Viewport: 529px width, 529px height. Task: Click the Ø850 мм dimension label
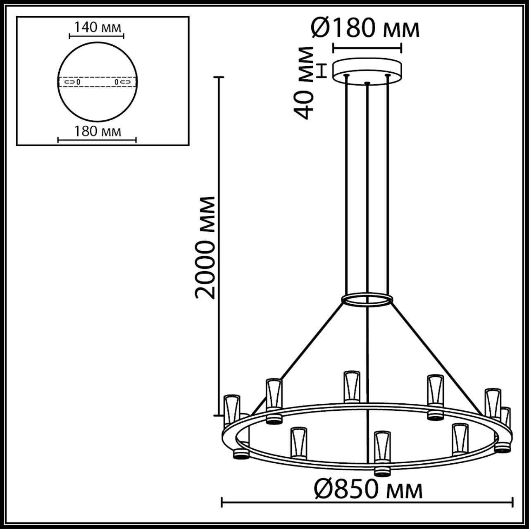point(368,491)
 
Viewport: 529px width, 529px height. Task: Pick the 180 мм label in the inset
point(98,131)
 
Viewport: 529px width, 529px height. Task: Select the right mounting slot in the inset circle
point(125,82)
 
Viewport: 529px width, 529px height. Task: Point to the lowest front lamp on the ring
point(382,447)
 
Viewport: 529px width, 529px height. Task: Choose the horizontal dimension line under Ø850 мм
point(368,503)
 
